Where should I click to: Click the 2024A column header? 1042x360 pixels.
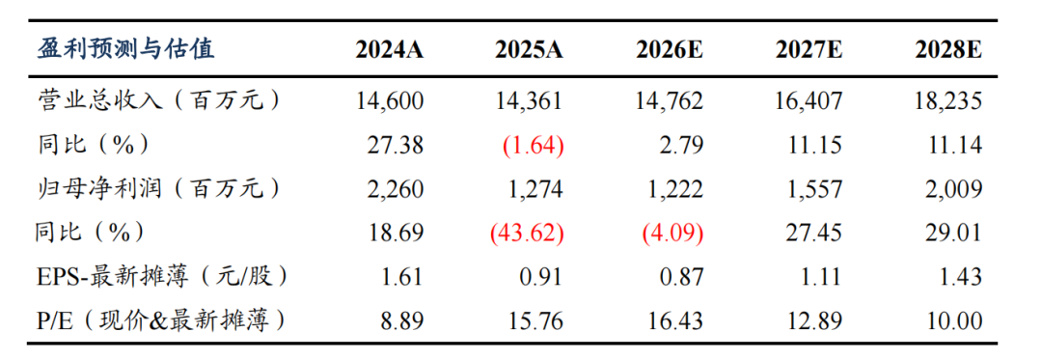[x=390, y=51]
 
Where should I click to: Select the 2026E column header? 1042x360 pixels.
[x=670, y=51]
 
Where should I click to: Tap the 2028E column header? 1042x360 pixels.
[x=948, y=51]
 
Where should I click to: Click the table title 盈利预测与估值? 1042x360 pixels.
[x=125, y=50]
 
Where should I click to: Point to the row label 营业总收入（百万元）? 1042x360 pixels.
[x=157, y=101]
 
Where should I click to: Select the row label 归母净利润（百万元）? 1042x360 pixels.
[x=157, y=188]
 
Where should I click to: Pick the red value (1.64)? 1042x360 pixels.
[x=534, y=146]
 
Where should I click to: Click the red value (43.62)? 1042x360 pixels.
[x=527, y=234]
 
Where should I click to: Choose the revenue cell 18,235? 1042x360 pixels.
[x=948, y=101]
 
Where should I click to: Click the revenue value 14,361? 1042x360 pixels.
[x=529, y=101]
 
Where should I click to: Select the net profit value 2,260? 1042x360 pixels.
[x=395, y=189]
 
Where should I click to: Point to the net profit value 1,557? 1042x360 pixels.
[x=813, y=189]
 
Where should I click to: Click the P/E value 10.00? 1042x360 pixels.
[x=955, y=321]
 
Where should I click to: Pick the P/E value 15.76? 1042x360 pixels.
[x=535, y=321]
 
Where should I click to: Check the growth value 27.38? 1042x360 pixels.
[x=397, y=146]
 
